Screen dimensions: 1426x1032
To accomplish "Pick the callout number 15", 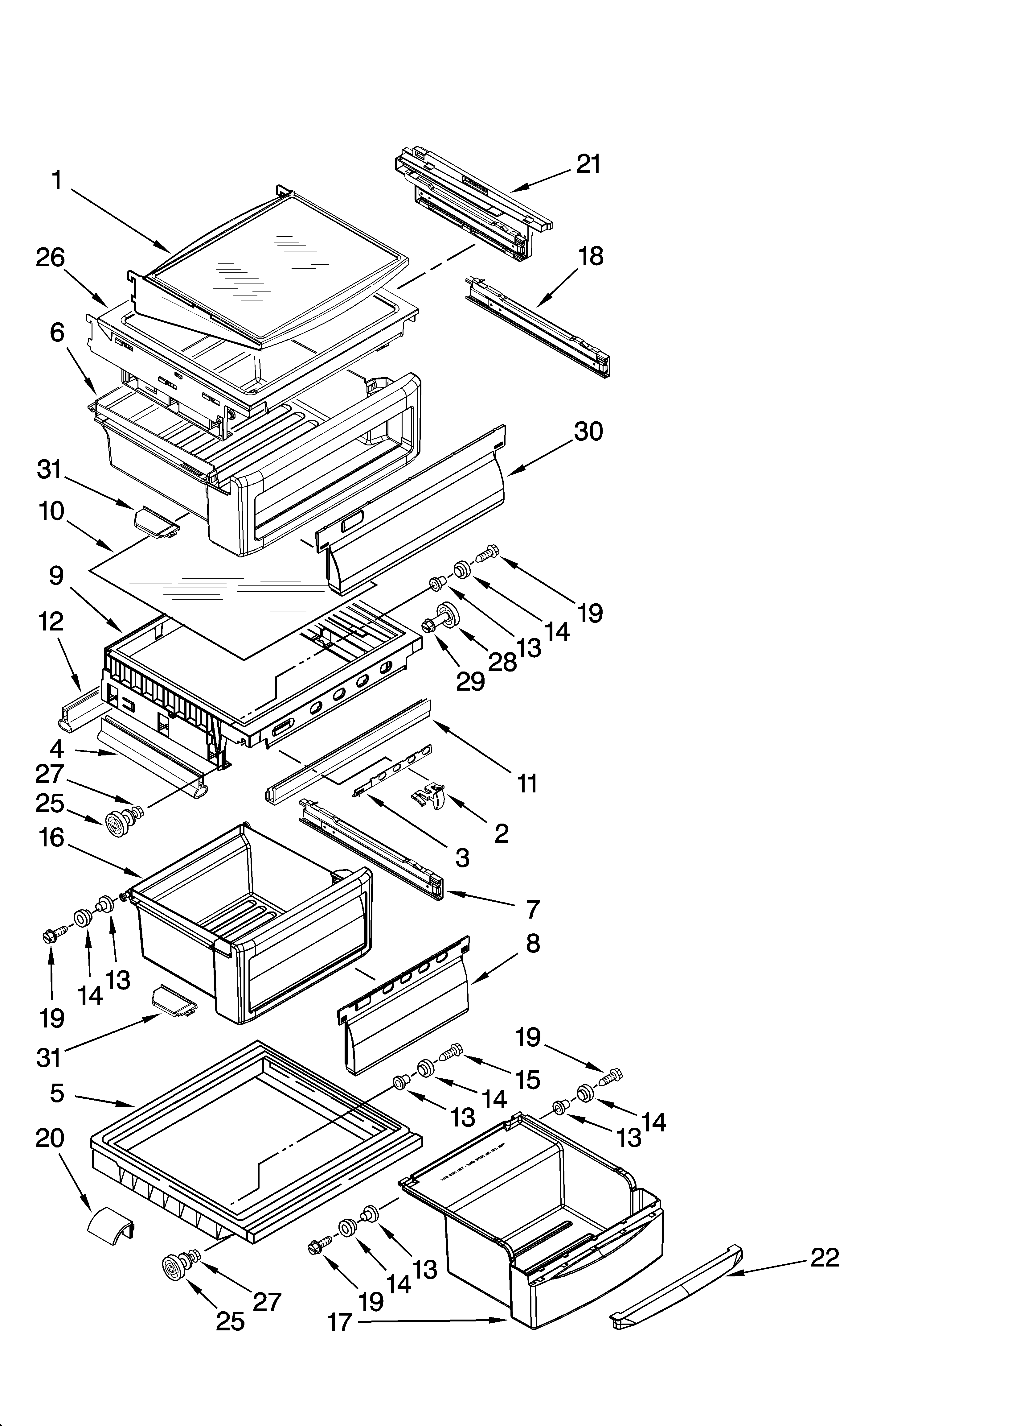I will tap(527, 1080).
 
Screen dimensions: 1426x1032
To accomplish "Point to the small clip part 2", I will tap(429, 797).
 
